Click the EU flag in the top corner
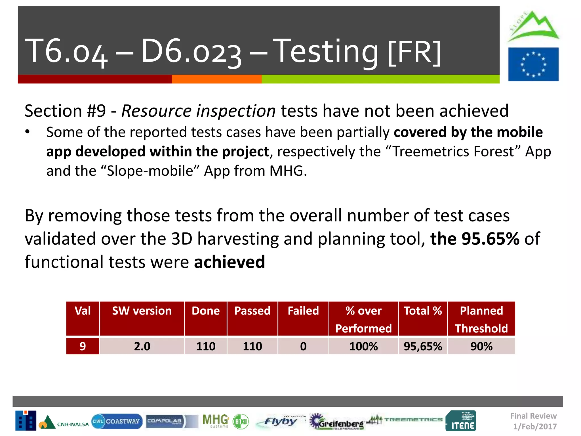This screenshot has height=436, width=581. [533, 64]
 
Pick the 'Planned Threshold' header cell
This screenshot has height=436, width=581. [481, 319]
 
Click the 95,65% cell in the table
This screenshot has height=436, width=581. [423, 346]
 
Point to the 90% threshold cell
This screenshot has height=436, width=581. [481, 346]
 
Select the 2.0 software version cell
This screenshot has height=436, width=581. [142, 346]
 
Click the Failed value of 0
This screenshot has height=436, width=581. [303, 346]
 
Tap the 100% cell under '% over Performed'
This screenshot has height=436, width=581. [363, 346]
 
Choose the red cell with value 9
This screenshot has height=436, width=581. [83, 346]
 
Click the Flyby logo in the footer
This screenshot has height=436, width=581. [279, 421]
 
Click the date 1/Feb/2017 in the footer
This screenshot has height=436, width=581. [535, 426]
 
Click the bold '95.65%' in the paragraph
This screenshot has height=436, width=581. [490, 238]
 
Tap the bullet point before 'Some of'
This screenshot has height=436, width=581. [27, 132]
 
